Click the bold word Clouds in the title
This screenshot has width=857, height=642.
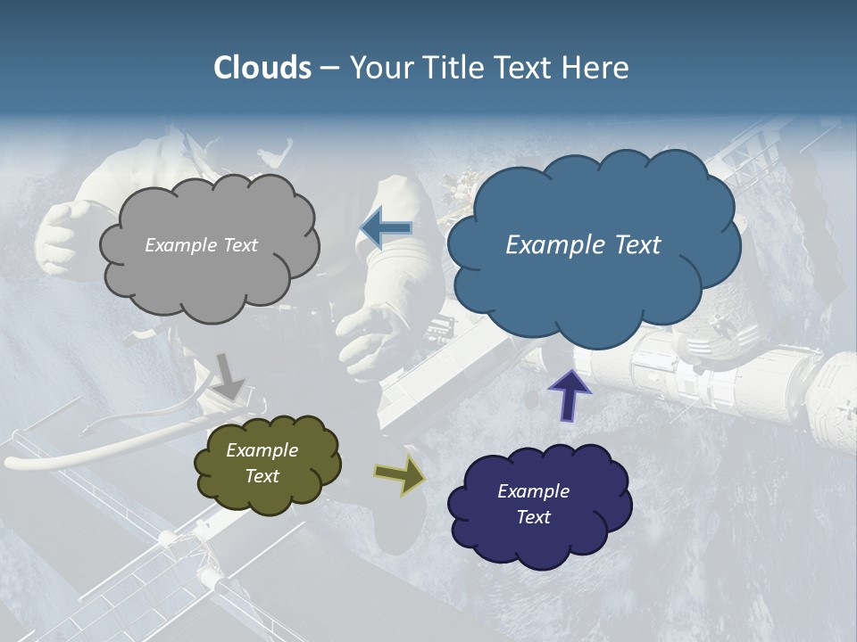click(x=262, y=68)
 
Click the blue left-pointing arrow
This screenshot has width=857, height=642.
click(x=386, y=229)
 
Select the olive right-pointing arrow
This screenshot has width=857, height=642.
click(x=400, y=475)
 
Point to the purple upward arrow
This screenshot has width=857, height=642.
click(x=570, y=395)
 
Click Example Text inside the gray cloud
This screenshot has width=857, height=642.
click(x=201, y=245)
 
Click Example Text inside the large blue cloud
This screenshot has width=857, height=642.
click(x=583, y=245)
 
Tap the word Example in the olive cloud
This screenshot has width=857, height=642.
click(x=262, y=450)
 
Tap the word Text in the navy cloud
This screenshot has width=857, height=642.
click(x=533, y=517)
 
